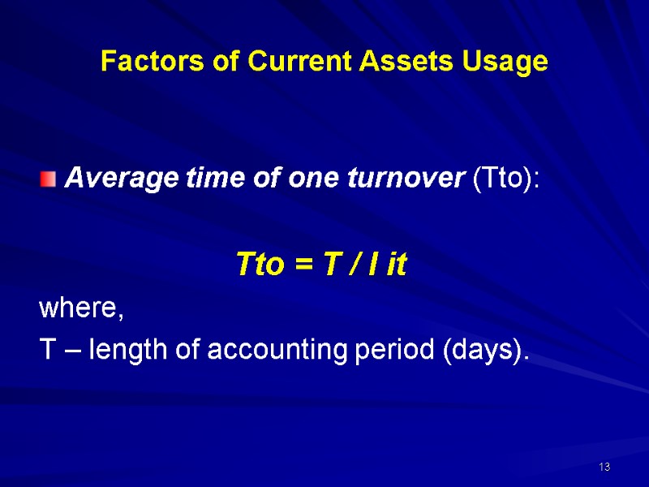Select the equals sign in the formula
point(302,265)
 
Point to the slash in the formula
point(353,265)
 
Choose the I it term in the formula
point(389,265)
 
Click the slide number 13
point(604,467)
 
